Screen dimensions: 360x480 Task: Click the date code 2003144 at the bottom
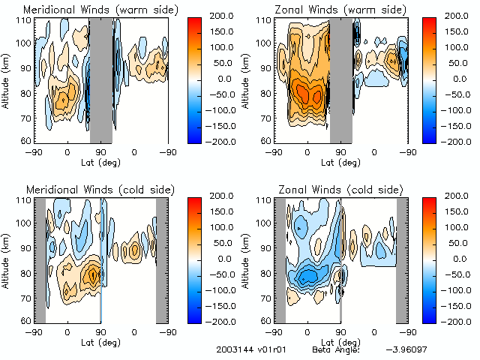point(233,350)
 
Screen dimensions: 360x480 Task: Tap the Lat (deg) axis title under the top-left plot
point(100,162)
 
